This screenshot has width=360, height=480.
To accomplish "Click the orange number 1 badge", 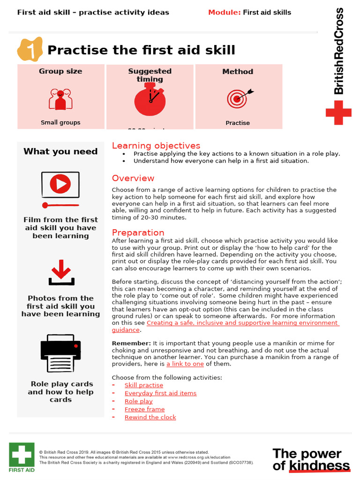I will click(x=30, y=50).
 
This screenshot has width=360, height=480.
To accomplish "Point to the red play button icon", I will click(x=60, y=184).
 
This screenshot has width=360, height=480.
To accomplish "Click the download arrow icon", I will click(x=61, y=273).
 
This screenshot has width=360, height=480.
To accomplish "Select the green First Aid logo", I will click(x=21, y=457).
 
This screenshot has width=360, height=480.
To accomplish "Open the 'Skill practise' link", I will click(x=144, y=385).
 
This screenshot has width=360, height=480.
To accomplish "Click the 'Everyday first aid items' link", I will click(x=160, y=393).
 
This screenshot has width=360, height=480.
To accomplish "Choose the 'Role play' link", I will click(x=138, y=401).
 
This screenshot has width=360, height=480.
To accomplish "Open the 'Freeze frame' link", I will click(x=144, y=409).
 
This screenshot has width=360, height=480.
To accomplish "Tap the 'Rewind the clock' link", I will click(x=150, y=417).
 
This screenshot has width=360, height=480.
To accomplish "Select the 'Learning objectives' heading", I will click(x=156, y=146).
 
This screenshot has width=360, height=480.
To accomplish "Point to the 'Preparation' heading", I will click(x=138, y=232).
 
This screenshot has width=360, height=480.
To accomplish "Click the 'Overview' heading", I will click(x=133, y=178).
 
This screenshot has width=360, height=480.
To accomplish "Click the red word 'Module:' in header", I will click(x=224, y=12).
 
